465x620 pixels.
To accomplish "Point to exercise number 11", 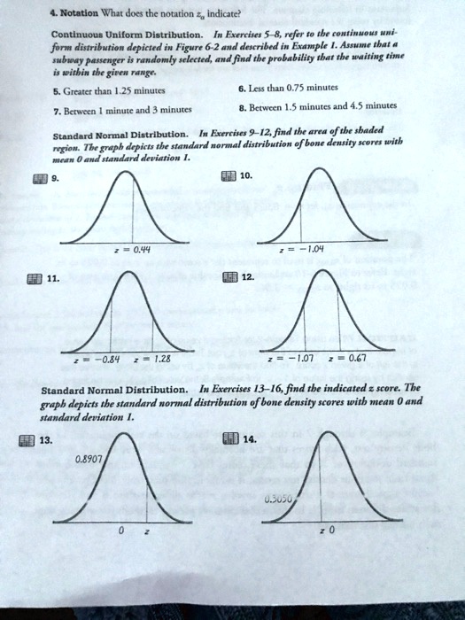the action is click(x=52, y=277).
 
